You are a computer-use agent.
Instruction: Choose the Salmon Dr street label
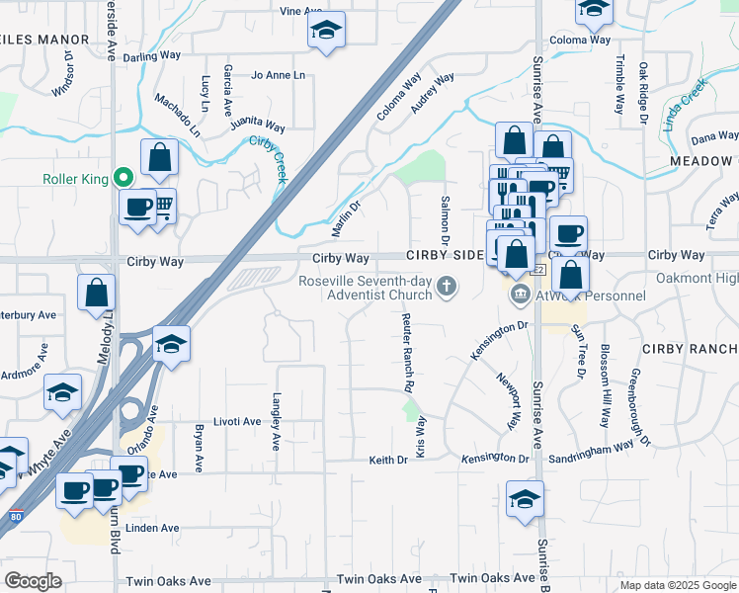coord(444,220)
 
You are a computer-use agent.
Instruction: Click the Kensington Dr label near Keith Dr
coord(496,459)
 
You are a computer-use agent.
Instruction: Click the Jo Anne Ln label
coord(279,75)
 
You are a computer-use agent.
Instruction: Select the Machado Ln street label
coord(178,115)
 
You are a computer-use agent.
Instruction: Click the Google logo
coord(33,581)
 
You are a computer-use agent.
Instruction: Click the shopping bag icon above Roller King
coord(159,157)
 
